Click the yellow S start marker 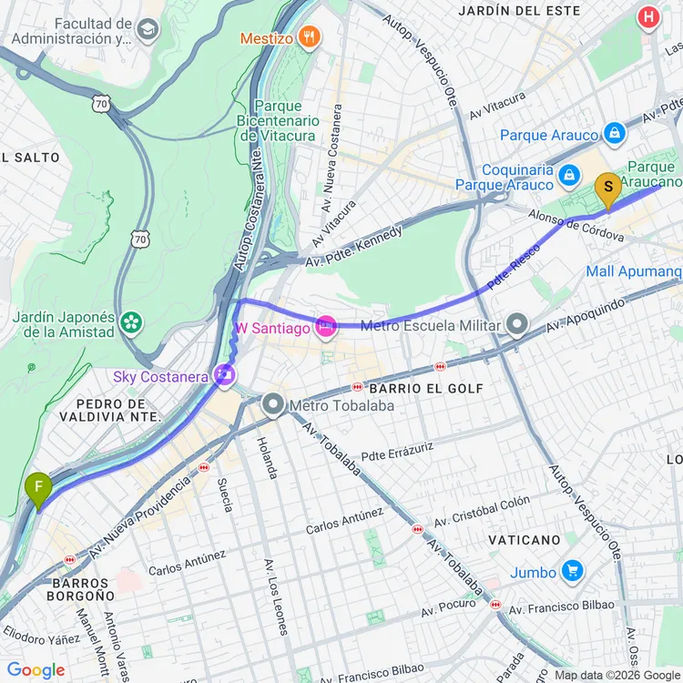tap(607, 189)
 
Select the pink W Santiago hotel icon tap(326, 326)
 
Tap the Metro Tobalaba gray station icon tap(272, 404)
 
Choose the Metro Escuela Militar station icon tap(517, 325)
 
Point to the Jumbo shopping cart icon tap(572, 572)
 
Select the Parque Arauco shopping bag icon tap(615, 135)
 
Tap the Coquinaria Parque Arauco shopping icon tap(569, 173)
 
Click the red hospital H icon tap(648, 16)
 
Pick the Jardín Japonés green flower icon tap(133, 321)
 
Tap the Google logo tap(36, 670)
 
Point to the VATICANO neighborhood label tap(523, 540)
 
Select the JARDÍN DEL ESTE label tap(520, 11)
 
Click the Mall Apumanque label tap(634, 271)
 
